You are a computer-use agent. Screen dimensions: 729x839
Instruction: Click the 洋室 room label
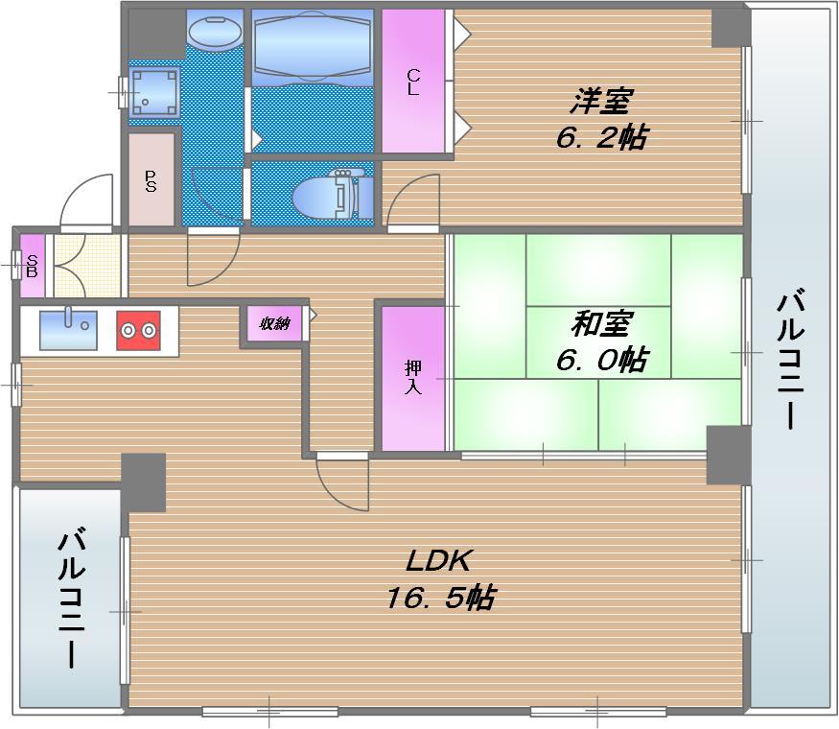tap(603, 100)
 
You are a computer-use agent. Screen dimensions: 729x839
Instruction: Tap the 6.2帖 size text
tap(601, 137)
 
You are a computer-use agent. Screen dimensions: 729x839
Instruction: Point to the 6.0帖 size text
tap(601, 361)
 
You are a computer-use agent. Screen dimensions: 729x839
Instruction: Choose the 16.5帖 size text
tap(440, 599)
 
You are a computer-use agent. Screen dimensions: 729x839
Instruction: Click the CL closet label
tap(413, 82)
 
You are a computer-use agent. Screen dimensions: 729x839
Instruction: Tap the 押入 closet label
tap(413, 377)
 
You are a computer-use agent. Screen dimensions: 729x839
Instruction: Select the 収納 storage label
tap(274, 323)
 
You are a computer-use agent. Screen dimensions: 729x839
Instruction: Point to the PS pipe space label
tap(151, 180)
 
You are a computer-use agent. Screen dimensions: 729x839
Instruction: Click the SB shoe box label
tap(32, 265)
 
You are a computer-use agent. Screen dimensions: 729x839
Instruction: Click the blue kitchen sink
tap(67, 329)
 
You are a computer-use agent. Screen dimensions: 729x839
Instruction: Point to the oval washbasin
tap(216, 30)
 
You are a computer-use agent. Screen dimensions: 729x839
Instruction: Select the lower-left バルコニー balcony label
tap(71, 596)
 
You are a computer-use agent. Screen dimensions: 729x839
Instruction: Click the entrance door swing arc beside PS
tap(86, 201)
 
